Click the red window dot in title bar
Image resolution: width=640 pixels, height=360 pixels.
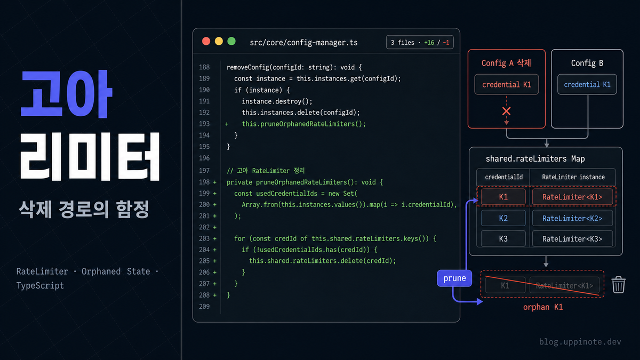(x=206, y=42)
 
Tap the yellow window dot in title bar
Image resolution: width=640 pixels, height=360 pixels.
(x=219, y=42)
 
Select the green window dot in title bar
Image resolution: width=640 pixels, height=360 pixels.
(x=231, y=42)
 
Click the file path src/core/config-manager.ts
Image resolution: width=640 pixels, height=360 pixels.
(x=303, y=43)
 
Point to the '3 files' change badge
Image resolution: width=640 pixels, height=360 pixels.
(x=420, y=42)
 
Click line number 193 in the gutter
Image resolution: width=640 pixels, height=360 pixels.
(x=204, y=124)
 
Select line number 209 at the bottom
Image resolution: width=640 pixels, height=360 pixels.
(x=204, y=306)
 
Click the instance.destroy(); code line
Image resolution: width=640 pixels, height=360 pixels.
(x=277, y=101)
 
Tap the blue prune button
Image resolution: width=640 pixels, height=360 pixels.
(x=454, y=278)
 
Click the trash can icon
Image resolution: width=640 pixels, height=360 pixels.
(x=619, y=285)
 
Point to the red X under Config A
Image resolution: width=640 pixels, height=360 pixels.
(x=506, y=111)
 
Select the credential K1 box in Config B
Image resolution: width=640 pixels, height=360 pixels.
(x=587, y=84)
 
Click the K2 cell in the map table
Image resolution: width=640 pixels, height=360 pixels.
(x=503, y=218)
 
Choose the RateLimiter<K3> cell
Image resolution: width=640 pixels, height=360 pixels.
(x=572, y=238)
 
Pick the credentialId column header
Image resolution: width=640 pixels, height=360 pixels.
(x=503, y=177)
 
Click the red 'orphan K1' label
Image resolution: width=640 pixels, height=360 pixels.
(x=543, y=307)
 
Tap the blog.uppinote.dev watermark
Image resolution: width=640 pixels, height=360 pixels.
(x=580, y=342)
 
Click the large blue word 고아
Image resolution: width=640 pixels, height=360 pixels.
(x=67, y=94)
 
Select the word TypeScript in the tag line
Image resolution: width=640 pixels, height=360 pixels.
(x=40, y=285)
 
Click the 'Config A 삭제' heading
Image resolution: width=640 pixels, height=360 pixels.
(x=506, y=63)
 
